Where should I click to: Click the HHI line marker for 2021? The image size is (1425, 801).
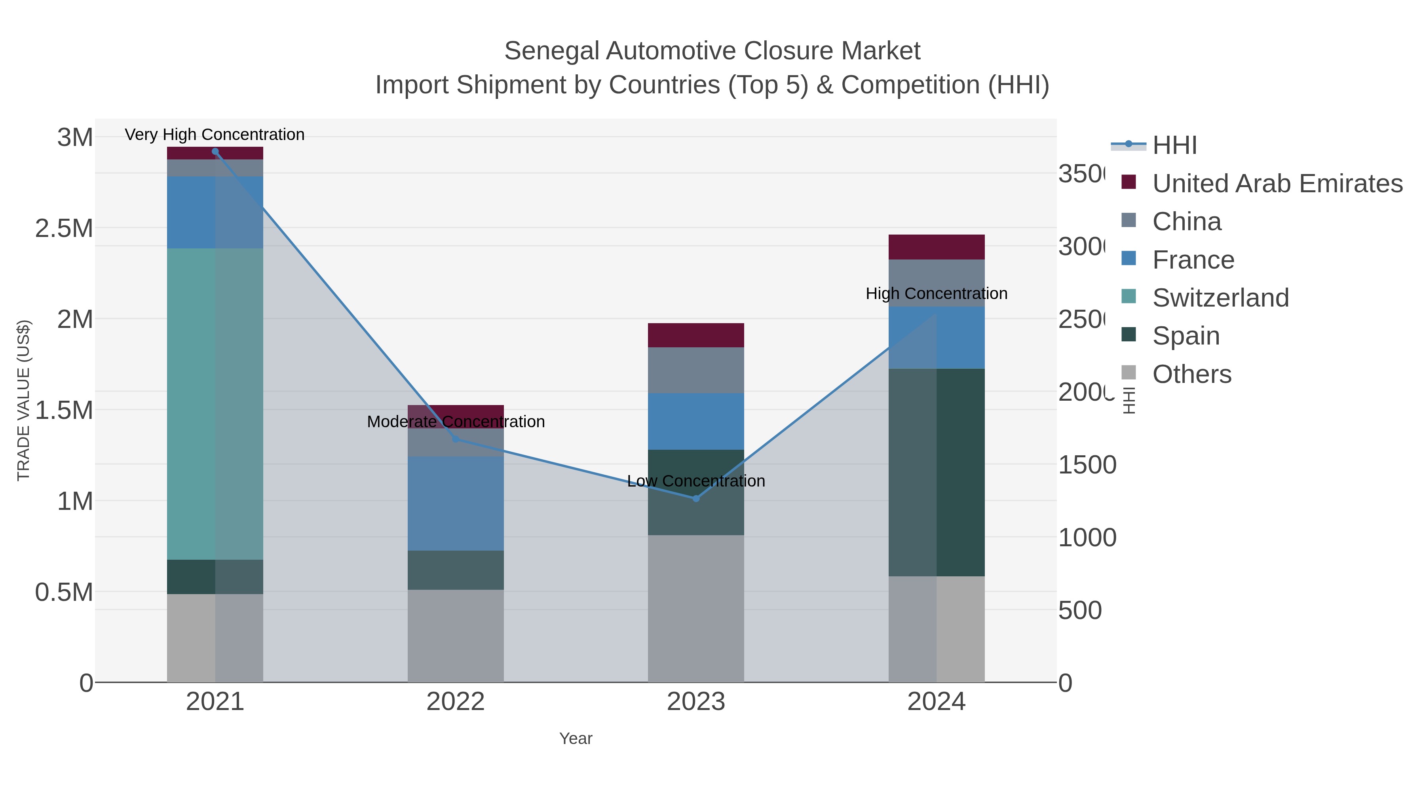(215, 151)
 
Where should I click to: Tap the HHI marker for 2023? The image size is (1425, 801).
(696, 499)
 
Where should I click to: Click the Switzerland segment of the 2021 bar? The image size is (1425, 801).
(215, 403)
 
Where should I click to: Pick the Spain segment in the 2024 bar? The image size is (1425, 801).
(936, 473)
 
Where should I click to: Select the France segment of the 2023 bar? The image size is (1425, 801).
(696, 421)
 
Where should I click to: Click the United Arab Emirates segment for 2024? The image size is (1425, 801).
(936, 247)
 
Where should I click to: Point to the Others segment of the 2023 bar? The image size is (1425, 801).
(696, 608)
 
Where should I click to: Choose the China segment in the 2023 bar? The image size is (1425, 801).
(696, 370)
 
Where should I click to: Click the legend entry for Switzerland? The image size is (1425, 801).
(1220, 298)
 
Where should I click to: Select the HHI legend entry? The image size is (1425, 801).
(1174, 146)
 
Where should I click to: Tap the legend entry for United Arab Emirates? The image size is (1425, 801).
(1277, 184)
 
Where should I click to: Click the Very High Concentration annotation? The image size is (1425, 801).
(215, 135)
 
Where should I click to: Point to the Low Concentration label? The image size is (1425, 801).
(696, 481)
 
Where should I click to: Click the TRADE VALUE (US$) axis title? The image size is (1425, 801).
(24, 400)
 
